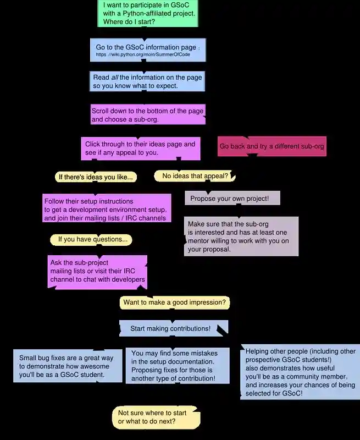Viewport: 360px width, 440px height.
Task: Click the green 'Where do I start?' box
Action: pyautogui.click(x=148, y=13)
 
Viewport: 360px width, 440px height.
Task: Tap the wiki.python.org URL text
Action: pyautogui.click(x=143, y=54)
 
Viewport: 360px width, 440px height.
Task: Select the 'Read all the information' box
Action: pyautogui.click(x=147, y=81)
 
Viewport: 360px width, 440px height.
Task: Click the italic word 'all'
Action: pyautogui.click(x=115, y=77)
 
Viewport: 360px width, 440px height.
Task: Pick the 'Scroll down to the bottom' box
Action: pyautogui.click(x=148, y=114)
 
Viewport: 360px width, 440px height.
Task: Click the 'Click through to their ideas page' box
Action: pyautogui.click(x=141, y=148)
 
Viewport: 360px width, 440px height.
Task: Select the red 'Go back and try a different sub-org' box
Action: pyautogui.click(x=272, y=146)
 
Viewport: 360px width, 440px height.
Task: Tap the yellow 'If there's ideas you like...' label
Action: pyautogui.click(x=96, y=177)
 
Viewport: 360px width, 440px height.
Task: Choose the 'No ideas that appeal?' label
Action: pyautogui.click(x=195, y=176)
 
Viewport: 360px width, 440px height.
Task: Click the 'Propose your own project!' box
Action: pyautogui.click(x=232, y=198)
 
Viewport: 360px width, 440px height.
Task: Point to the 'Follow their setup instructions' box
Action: pyautogui.click(x=107, y=208)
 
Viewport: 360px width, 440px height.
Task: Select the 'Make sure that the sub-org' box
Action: pyautogui.click(x=241, y=237)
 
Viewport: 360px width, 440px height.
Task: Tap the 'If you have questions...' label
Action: pyautogui.click(x=91, y=240)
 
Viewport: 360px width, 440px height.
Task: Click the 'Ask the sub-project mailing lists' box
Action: pyautogui.click(x=97, y=272)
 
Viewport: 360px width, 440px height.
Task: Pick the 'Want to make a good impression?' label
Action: pyautogui.click(x=175, y=302)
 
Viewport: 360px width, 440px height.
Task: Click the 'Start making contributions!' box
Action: pyautogui.click(x=174, y=328)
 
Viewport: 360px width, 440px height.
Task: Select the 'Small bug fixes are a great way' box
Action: pyautogui.click(x=68, y=366)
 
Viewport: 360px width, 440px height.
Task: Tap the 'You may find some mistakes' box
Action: pyautogui.click(x=178, y=366)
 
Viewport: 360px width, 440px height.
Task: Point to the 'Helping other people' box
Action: pyautogui.click(x=300, y=372)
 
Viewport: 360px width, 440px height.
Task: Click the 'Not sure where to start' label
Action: pyautogui.click(x=156, y=417)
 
